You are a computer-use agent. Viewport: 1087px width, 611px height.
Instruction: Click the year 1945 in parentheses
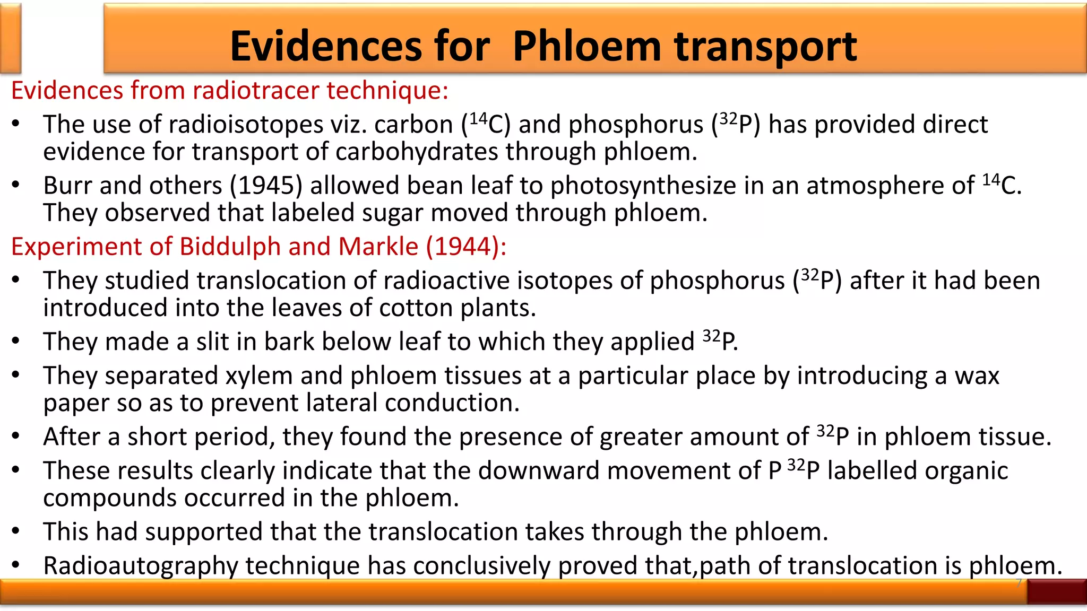266,186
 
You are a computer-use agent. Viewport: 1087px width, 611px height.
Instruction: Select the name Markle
378,247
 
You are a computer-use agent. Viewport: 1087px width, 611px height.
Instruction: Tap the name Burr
67,186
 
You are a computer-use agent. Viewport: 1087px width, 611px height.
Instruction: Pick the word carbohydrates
416,152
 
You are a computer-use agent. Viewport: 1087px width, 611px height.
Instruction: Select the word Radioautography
140,566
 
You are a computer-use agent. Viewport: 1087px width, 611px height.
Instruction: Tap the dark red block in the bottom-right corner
1056,591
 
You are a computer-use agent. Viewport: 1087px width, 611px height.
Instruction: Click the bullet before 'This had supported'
16,531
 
